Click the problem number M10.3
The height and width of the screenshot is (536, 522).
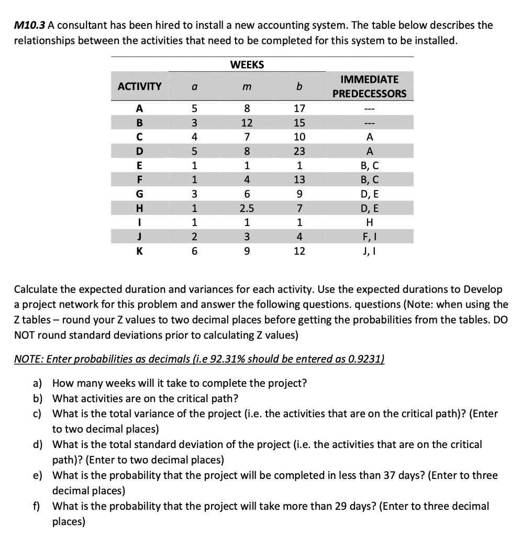[x=30, y=25]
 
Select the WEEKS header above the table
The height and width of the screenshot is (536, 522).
[x=247, y=65]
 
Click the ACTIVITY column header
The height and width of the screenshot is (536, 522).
[x=139, y=86]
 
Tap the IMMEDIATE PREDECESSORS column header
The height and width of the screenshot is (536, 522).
[x=370, y=86]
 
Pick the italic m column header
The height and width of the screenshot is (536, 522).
[x=247, y=87]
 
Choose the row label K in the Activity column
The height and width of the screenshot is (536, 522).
[x=139, y=250]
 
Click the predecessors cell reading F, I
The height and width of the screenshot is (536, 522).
[x=370, y=237]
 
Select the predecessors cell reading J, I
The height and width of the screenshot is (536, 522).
[x=370, y=250]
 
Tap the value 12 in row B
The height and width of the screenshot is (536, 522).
[x=247, y=124]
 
